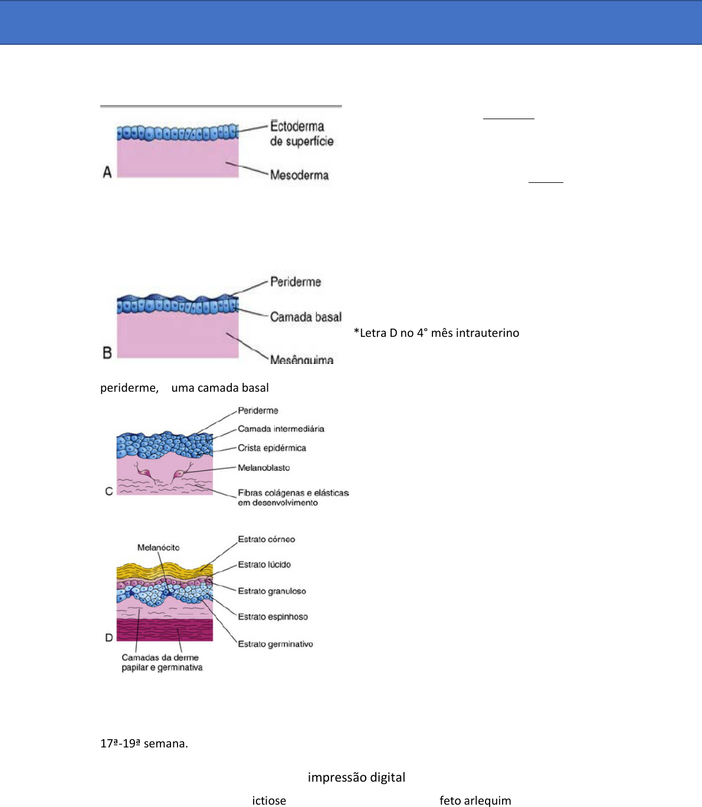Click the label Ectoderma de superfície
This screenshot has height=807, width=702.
[301, 133]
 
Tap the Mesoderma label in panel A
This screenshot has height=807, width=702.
[299, 175]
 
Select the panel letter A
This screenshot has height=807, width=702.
[107, 172]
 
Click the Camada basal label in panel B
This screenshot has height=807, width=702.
[306, 317]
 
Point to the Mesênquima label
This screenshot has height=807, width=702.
[301, 359]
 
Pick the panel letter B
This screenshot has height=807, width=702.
[107, 353]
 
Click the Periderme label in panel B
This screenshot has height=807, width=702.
[296, 282]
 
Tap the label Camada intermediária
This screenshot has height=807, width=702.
[281, 429]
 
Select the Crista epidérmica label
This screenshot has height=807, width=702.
[272, 448]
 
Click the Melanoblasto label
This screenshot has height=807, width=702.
[264, 468]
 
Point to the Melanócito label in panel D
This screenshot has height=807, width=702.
[158, 547]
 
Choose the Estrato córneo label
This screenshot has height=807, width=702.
[266, 539]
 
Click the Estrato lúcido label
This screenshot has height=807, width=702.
[264, 565]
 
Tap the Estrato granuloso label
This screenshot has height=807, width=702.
[272, 591]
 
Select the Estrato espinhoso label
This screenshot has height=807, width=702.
[273, 617]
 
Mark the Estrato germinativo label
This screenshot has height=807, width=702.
[275, 644]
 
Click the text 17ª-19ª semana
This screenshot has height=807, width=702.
[144, 743]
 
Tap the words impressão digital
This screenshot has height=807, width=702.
[356, 778]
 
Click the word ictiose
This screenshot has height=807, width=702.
[269, 801]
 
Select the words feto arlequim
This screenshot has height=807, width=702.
[475, 801]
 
